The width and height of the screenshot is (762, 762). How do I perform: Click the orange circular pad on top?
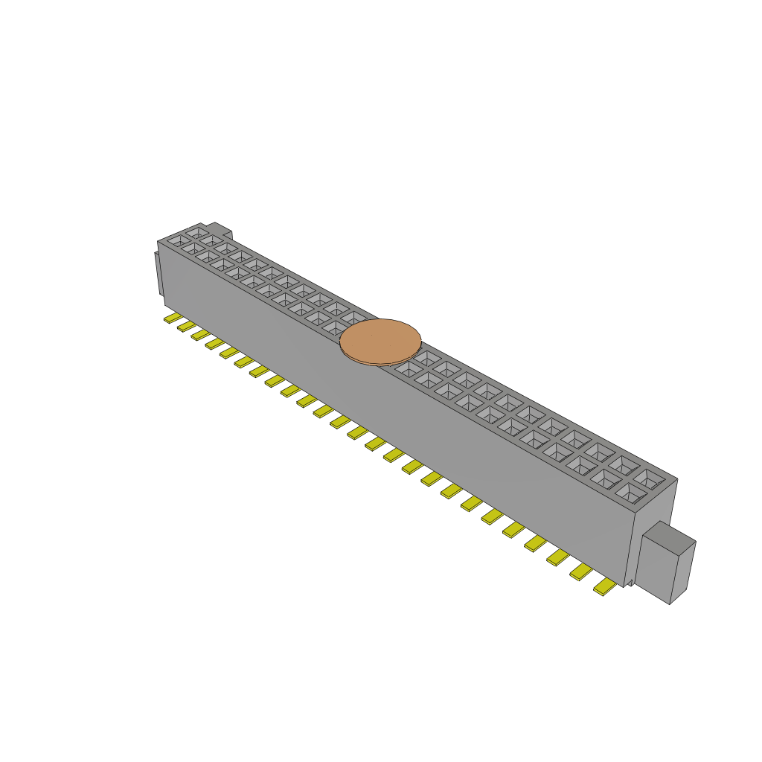(x=380, y=342)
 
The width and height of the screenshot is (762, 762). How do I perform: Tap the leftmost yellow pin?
(x=171, y=318)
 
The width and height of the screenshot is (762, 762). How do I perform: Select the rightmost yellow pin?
(x=604, y=588)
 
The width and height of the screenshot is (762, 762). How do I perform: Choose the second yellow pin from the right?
(x=581, y=571)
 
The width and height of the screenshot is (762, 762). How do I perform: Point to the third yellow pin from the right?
(x=558, y=557)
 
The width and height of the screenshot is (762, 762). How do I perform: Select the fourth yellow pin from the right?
(x=535, y=543)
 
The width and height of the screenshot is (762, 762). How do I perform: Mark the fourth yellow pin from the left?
(x=214, y=343)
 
